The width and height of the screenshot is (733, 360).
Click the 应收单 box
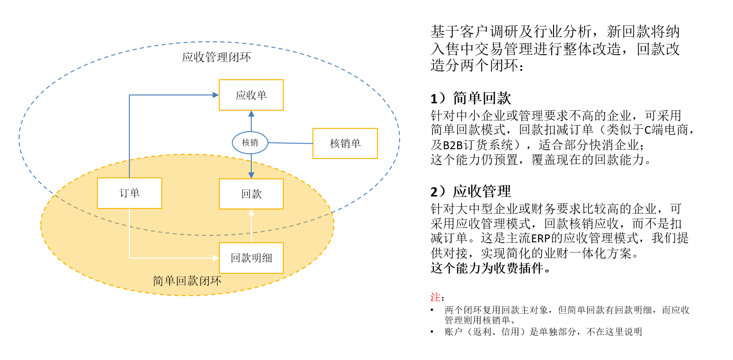pyautogui.click(x=251, y=95)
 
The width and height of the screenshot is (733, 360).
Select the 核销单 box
pyautogui.click(x=345, y=143)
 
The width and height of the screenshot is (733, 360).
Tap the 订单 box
pyautogui.click(x=129, y=193)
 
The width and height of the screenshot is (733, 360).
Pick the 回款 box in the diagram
pyautogui.click(x=251, y=194)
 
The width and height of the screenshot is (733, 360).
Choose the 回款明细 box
pyautogui.click(x=251, y=258)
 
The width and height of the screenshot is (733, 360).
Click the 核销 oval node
pyautogui.click(x=250, y=143)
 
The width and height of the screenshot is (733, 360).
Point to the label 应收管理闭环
pyautogui.click(x=217, y=57)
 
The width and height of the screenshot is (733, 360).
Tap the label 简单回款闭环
pyautogui.click(x=187, y=281)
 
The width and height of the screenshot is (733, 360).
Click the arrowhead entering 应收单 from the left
pyautogui.click(x=216, y=95)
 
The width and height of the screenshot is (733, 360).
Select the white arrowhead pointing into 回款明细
pyautogui.click(x=216, y=258)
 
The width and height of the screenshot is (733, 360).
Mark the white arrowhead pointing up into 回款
pyautogui.click(x=251, y=212)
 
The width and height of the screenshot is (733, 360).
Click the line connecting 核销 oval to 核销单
pyautogui.click(x=291, y=143)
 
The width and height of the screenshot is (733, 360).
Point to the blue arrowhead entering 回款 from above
pyautogui.click(x=251, y=175)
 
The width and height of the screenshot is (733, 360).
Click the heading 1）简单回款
pyautogui.click(x=471, y=98)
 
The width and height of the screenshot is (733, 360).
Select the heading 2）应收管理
pyautogui.click(x=471, y=191)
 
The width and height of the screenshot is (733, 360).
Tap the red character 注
pyautogui.click(x=435, y=297)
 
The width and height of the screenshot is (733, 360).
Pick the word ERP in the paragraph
pyautogui.click(x=541, y=238)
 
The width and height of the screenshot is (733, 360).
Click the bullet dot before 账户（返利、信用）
pyautogui.click(x=432, y=332)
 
